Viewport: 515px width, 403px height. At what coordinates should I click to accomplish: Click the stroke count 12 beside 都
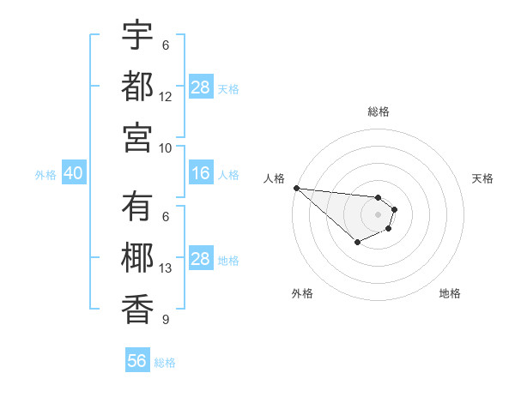(x=166, y=97)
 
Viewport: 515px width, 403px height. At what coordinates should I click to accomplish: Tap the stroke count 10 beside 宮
(x=166, y=147)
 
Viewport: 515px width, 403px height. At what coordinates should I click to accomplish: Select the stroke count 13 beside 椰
(x=166, y=269)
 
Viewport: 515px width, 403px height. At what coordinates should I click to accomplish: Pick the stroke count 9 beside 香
(x=166, y=320)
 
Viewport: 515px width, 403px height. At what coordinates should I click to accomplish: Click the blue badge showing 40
(x=73, y=174)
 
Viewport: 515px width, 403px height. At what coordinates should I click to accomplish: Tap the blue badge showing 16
(x=201, y=174)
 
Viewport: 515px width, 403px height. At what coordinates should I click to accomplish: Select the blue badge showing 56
(x=137, y=361)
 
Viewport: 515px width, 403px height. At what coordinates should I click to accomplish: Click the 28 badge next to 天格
(x=201, y=87)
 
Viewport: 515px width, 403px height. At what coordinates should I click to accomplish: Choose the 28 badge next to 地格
(x=201, y=260)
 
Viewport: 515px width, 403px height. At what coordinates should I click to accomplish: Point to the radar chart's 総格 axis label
(x=378, y=111)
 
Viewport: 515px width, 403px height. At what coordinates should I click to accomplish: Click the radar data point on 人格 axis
(x=296, y=188)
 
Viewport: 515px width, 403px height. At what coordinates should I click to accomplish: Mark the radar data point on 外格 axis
(x=357, y=243)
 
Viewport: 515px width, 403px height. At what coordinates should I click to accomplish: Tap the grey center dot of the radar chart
(x=378, y=214)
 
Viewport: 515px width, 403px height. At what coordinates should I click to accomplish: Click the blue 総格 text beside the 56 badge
(x=165, y=363)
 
